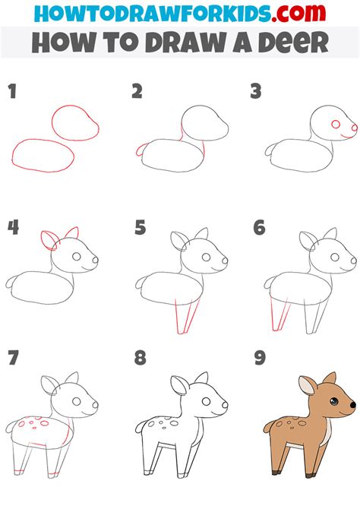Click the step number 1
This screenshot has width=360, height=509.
pyautogui.click(x=12, y=93)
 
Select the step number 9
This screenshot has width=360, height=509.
pyautogui.click(x=257, y=359)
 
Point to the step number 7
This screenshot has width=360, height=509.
pyautogui.click(x=12, y=359)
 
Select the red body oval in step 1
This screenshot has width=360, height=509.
pyautogui.click(x=43, y=156)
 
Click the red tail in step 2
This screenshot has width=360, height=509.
pyautogui.click(x=139, y=151)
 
